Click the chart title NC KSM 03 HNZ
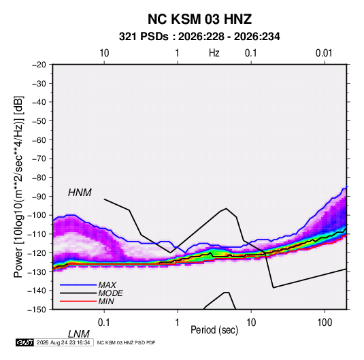click(x=199, y=19)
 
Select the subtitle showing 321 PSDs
click(x=199, y=37)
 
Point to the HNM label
click(x=80, y=193)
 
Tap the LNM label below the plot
click(x=78, y=334)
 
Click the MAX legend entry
click(x=107, y=285)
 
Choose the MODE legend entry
click(x=110, y=293)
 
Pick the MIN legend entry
click(x=106, y=301)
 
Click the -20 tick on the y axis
click(x=39, y=65)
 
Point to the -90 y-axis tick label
click(x=39, y=197)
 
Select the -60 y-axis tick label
click(x=39, y=140)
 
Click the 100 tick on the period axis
click(x=325, y=323)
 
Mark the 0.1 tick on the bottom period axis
click(x=104, y=323)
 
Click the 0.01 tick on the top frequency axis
click(x=324, y=53)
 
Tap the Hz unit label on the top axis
click(x=214, y=53)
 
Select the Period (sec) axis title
click(x=214, y=330)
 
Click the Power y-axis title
click(x=18, y=186)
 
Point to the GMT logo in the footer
click(x=24, y=342)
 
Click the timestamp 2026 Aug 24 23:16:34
click(x=63, y=342)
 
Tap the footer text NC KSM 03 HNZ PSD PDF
click(x=126, y=342)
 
